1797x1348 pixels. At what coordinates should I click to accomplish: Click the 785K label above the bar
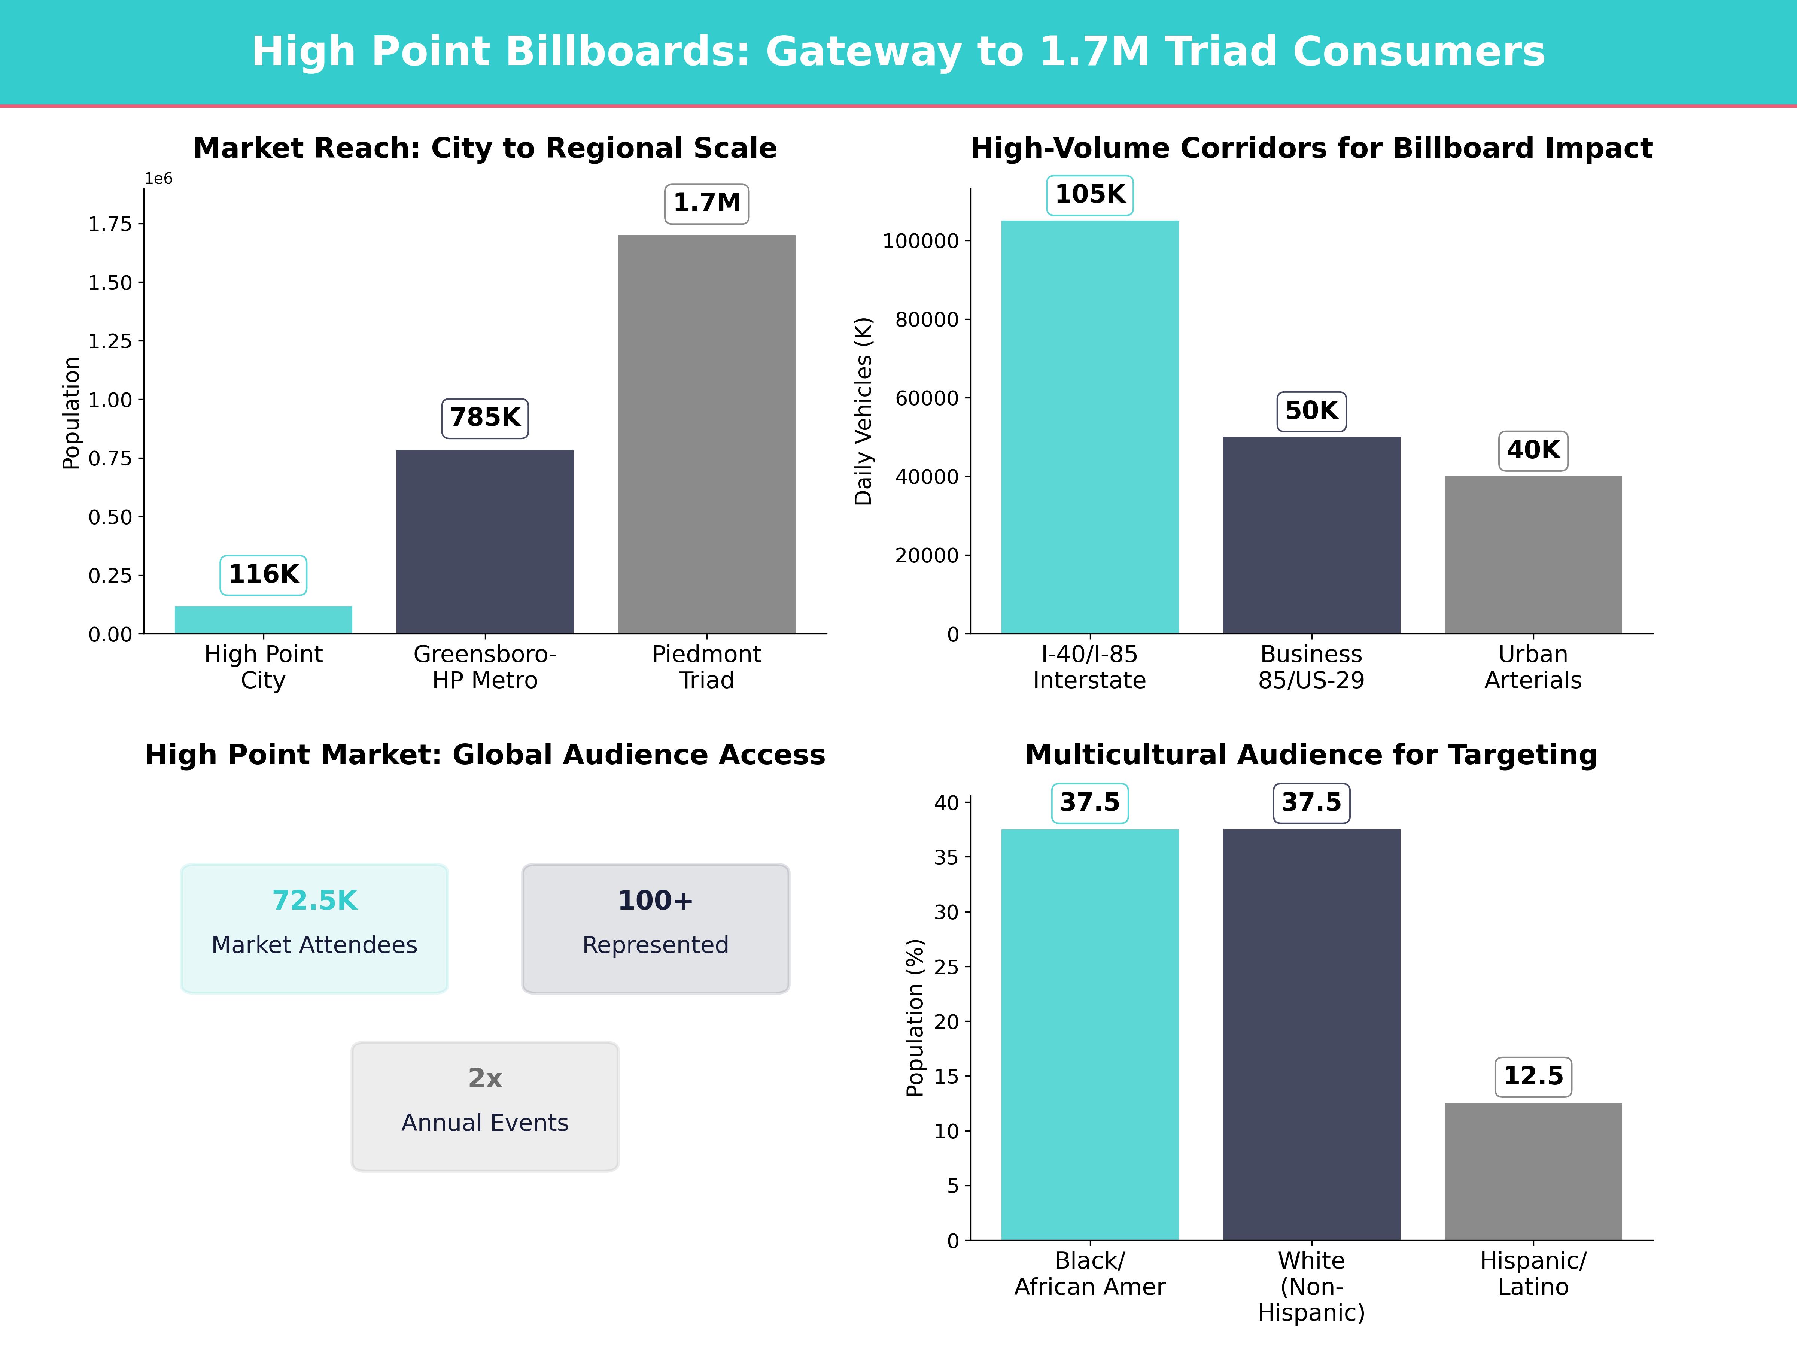pos(485,418)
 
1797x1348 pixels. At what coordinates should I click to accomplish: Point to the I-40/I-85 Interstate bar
pos(1089,426)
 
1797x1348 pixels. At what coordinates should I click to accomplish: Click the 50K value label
pos(1311,411)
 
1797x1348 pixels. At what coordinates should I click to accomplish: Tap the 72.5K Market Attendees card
pos(314,928)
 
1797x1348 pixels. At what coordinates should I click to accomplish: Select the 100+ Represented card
pos(656,928)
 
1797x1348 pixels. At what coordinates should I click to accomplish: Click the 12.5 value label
pos(1533,1077)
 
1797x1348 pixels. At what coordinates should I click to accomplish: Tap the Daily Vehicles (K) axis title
pos(863,411)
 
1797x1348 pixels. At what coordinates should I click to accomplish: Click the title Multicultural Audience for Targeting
pos(1311,755)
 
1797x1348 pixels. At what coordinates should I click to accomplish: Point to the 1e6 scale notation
pos(158,179)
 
